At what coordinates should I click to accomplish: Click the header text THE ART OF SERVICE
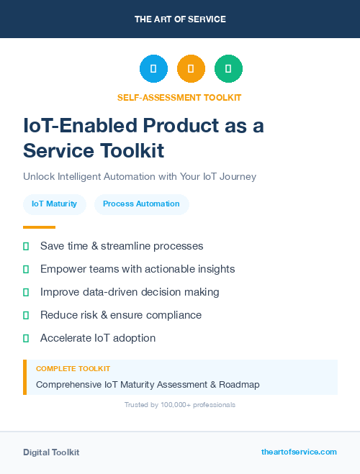[x=180, y=19]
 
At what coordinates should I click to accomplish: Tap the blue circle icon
[x=153, y=69]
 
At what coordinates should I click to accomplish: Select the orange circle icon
[x=191, y=69]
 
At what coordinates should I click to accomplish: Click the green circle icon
[x=228, y=69]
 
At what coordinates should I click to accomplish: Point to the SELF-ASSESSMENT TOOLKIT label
[x=179, y=97]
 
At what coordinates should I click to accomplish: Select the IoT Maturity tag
[x=55, y=204]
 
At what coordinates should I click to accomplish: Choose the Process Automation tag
[x=141, y=204]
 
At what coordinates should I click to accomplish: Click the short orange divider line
[x=39, y=227]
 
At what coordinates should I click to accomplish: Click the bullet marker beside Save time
[x=26, y=246]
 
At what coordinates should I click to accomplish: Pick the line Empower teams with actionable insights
[x=138, y=269]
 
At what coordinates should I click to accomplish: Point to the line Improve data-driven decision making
[x=130, y=292]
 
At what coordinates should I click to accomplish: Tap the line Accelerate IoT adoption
[x=98, y=338]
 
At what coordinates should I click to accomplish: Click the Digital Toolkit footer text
[x=51, y=452]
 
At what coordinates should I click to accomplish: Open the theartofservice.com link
[x=299, y=452]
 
